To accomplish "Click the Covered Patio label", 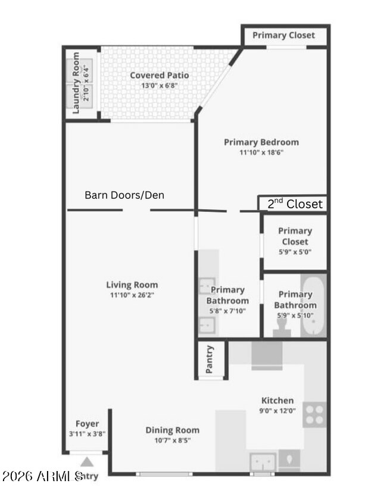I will click(x=159, y=75).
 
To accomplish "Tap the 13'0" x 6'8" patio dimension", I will click(x=159, y=85).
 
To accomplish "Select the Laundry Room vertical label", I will click(x=76, y=83).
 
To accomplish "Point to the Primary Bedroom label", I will click(x=261, y=142).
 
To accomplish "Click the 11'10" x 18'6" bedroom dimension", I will click(x=261, y=152).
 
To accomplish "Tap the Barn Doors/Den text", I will click(x=124, y=195).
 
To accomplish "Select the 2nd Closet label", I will click(x=295, y=204).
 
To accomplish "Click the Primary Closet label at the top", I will click(x=283, y=35).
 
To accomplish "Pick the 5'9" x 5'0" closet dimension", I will click(x=295, y=251).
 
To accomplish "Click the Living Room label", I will click(x=132, y=285).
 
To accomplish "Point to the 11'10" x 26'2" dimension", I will click(x=132, y=294).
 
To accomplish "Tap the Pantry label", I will click(x=210, y=360).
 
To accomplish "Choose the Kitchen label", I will click(x=277, y=400).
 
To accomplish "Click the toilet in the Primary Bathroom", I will click(x=282, y=327).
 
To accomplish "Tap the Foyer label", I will click(x=87, y=424).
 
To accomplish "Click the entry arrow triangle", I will click(x=87, y=462).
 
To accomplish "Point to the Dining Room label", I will click(x=173, y=430).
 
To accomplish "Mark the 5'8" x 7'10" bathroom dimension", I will click(x=227, y=310).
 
